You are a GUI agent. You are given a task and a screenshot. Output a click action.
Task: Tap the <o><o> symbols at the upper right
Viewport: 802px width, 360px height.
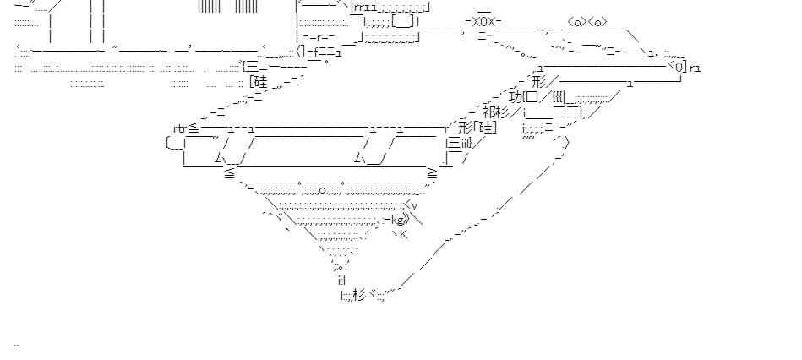click(x=587, y=21)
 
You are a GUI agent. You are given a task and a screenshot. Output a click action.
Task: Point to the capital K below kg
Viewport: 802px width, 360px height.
click(x=403, y=234)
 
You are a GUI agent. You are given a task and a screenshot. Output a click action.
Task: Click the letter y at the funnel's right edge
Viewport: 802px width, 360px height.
click(x=413, y=205)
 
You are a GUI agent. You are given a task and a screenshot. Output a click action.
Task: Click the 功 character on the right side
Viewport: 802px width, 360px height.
click(x=517, y=96)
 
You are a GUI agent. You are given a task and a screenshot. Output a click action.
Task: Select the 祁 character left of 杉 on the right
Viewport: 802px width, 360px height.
click(x=490, y=112)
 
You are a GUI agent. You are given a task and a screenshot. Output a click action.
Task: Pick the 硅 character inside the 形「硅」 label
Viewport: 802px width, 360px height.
click(x=486, y=128)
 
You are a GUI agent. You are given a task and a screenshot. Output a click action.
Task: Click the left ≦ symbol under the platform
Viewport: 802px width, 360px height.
click(x=230, y=173)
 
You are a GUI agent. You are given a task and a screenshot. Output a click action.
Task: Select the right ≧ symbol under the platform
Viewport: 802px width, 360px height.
click(x=433, y=173)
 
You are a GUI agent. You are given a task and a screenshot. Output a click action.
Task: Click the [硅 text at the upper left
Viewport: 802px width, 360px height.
click(x=259, y=82)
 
